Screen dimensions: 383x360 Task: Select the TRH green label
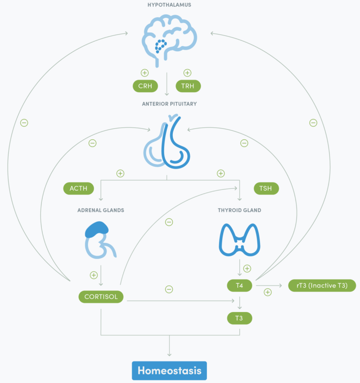[x=188, y=86]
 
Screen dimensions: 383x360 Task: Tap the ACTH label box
[x=78, y=188]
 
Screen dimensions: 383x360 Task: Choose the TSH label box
[x=266, y=188]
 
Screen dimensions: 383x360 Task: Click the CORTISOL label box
[x=101, y=297]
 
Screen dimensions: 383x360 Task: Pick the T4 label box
[x=239, y=285]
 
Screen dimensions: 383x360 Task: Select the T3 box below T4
[x=239, y=318]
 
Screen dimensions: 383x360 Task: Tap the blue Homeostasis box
[x=169, y=371]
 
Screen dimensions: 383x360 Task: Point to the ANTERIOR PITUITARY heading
[x=169, y=104]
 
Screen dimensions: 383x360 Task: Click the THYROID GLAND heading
[x=239, y=210]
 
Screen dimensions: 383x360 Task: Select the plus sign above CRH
[x=144, y=72]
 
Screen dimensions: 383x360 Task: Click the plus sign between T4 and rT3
[x=268, y=292]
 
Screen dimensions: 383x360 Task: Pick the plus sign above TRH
[x=188, y=72]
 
